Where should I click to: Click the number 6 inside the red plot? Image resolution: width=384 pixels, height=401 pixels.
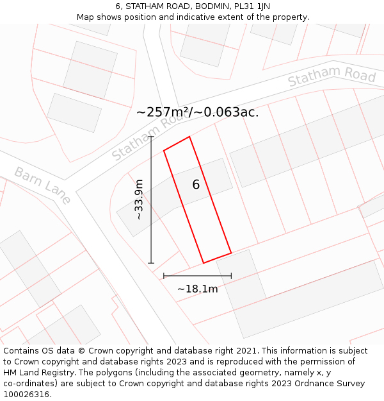(x=196, y=185)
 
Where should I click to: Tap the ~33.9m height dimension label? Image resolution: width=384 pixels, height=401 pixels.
(x=139, y=200)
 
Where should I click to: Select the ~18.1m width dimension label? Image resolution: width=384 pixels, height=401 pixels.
(x=197, y=289)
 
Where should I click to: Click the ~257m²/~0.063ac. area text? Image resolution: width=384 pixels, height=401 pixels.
(x=197, y=112)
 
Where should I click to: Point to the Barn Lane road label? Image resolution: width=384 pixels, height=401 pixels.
(x=42, y=185)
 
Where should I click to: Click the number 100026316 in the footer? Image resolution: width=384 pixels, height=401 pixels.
(x=25, y=395)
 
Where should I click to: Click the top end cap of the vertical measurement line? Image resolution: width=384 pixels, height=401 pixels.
(x=151, y=137)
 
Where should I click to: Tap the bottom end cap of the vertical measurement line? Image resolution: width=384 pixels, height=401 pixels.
(x=151, y=263)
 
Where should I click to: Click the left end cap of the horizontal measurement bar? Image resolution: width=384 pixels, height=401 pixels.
(x=164, y=276)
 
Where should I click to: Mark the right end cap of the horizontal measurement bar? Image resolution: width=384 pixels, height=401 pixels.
(x=231, y=276)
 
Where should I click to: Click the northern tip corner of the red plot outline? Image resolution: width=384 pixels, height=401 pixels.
(x=189, y=137)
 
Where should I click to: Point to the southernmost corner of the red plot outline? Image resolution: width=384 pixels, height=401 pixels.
(x=204, y=263)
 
